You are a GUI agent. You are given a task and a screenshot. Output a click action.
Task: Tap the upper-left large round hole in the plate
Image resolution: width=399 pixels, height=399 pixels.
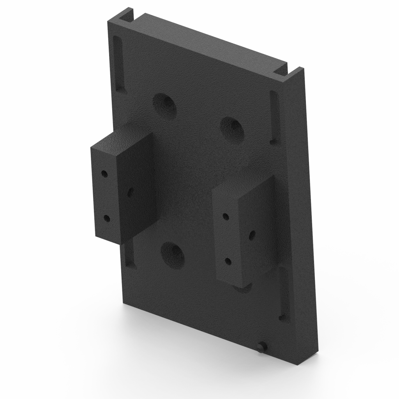pyautogui.click(x=164, y=106)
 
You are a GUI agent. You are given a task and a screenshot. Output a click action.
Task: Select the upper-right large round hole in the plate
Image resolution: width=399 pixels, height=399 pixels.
pyautogui.click(x=232, y=129)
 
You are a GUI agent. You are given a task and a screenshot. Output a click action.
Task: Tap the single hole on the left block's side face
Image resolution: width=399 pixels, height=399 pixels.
pyautogui.click(x=130, y=192)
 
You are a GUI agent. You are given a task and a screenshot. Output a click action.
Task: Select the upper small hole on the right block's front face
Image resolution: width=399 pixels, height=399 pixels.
pyautogui.click(x=225, y=216)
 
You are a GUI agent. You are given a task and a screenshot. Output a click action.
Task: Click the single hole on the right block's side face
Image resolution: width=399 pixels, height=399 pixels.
pyautogui.click(x=252, y=235)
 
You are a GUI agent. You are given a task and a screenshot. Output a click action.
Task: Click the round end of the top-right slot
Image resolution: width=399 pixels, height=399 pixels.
pyautogui.click(x=274, y=141)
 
